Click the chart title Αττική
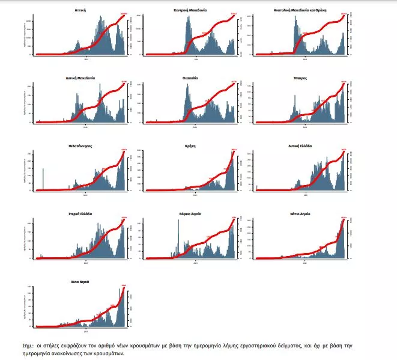click(x=79, y=11)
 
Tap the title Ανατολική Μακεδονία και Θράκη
click(x=300, y=11)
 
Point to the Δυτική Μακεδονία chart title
click(x=79, y=79)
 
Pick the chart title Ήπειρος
click(x=300, y=79)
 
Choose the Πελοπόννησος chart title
click(x=79, y=146)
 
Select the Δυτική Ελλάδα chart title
click(x=300, y=146)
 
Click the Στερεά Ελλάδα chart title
click(x=79, y=214)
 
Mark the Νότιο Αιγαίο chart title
click(x=300, y=214)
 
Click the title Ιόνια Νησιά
click(x=79, y=282)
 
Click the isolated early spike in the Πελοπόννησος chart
click(x=43, y=180)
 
